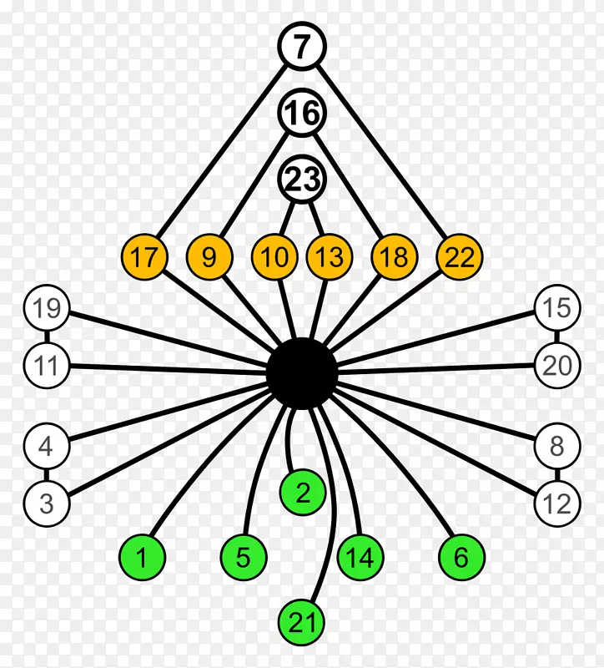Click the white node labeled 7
point(302,48)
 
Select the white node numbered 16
point(302,114)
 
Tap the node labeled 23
point(302,180)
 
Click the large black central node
point(302,373)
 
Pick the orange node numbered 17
point(144,257)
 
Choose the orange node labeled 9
point(209,257)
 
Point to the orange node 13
point(330,257)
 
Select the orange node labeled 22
point(460,257)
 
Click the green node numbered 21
point(301,622)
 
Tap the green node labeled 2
point(303,493)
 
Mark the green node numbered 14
point(360,557)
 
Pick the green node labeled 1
point(143,557)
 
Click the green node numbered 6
point(461,557)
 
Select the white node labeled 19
point(47,309)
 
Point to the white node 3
point(47,504)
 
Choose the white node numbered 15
point(556,309)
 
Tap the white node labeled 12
point(556,504)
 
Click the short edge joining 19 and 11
point(47,337)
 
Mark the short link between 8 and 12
point(556,475)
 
